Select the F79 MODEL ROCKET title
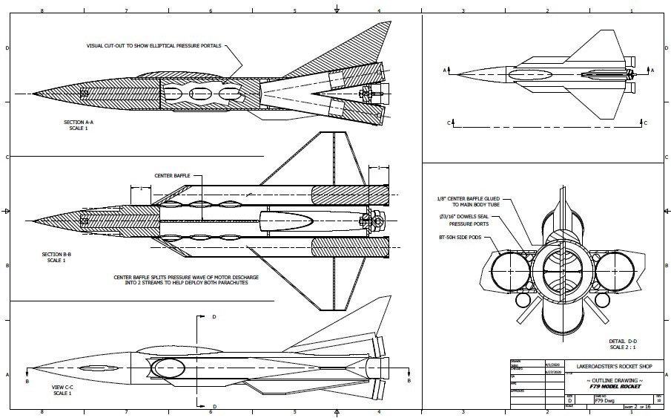tap(611, 387)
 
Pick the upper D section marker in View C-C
tap(214, 317)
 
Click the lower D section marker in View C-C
tap(214, 407)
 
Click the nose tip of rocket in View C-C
tap(30, 370)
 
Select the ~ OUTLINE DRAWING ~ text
tap(610, 380)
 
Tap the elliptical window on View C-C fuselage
tap(169, 368)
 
